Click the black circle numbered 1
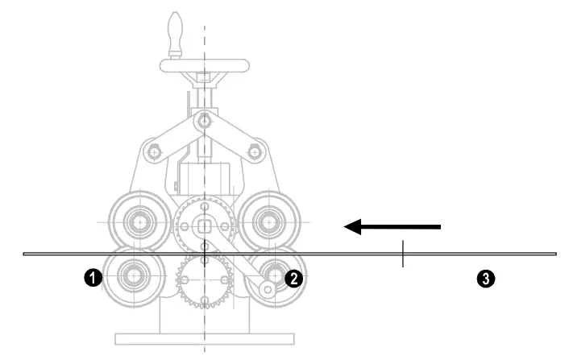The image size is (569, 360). tap(93, 278)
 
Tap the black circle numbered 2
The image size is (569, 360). tap(295, 278)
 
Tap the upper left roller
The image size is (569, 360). tap(139, 219)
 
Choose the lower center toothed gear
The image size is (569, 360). tap(205, 281)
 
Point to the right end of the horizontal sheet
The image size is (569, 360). tap(554, 254)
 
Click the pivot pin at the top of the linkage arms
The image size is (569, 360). tap(205, 120)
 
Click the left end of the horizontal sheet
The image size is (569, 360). tap(25, 254)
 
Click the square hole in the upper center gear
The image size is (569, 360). tap(205, 225)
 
